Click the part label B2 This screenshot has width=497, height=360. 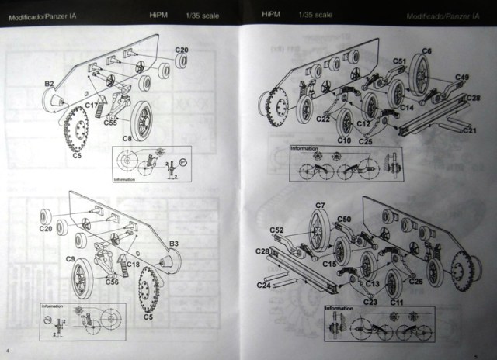pos(47,83)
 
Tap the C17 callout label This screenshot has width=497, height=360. pos(90,105)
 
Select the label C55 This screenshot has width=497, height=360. pos(110,122)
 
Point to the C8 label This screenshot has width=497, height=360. pos(128,137)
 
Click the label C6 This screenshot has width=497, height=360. pos(426,51)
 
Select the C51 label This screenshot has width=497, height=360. pos(400,61)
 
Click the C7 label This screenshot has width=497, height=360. pos(320,206)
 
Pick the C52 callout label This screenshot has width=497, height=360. pos(277,230)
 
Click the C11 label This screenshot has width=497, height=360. pos(396,300)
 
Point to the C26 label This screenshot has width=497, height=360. pos(417,282)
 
